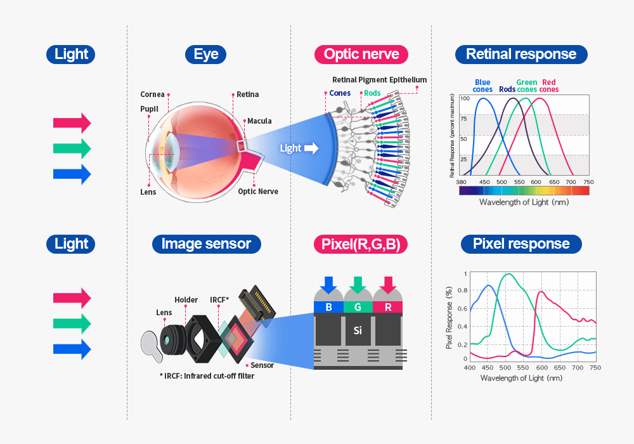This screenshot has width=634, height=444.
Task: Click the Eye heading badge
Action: click(x=206, y=55)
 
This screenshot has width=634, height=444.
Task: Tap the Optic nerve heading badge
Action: click(x=361, y=55)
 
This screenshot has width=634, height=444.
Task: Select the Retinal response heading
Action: click(x=521, y=55)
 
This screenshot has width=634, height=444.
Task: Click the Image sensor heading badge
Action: click(x=206, y=244)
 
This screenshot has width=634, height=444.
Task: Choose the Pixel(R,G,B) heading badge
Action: click(x=361, y=244)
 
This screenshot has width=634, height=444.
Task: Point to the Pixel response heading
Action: click(x=521, y=244)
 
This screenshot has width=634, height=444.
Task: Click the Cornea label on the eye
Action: click(x=152, y=95)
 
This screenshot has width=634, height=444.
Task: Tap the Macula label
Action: click(x=259, y=121)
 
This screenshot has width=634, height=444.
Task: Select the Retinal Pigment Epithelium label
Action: click(x=379, y=80)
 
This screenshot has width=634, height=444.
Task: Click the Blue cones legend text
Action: click(x=482, y=86)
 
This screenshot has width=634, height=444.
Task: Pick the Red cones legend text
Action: click(x=549, y=86)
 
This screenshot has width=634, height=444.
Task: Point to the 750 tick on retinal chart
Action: click(x=588, y=182)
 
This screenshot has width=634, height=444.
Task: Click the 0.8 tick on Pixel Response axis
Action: click(x=463, y=291)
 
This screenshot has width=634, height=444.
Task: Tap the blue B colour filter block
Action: click(x=328, y=308)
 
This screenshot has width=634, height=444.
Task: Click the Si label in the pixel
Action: click(x=358, y=330)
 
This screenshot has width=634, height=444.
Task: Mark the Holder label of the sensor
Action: click(x=186, y=300)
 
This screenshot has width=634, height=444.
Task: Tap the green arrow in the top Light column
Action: click(x=72, y=148)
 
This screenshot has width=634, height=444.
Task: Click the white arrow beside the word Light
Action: click(x=311, y=148)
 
